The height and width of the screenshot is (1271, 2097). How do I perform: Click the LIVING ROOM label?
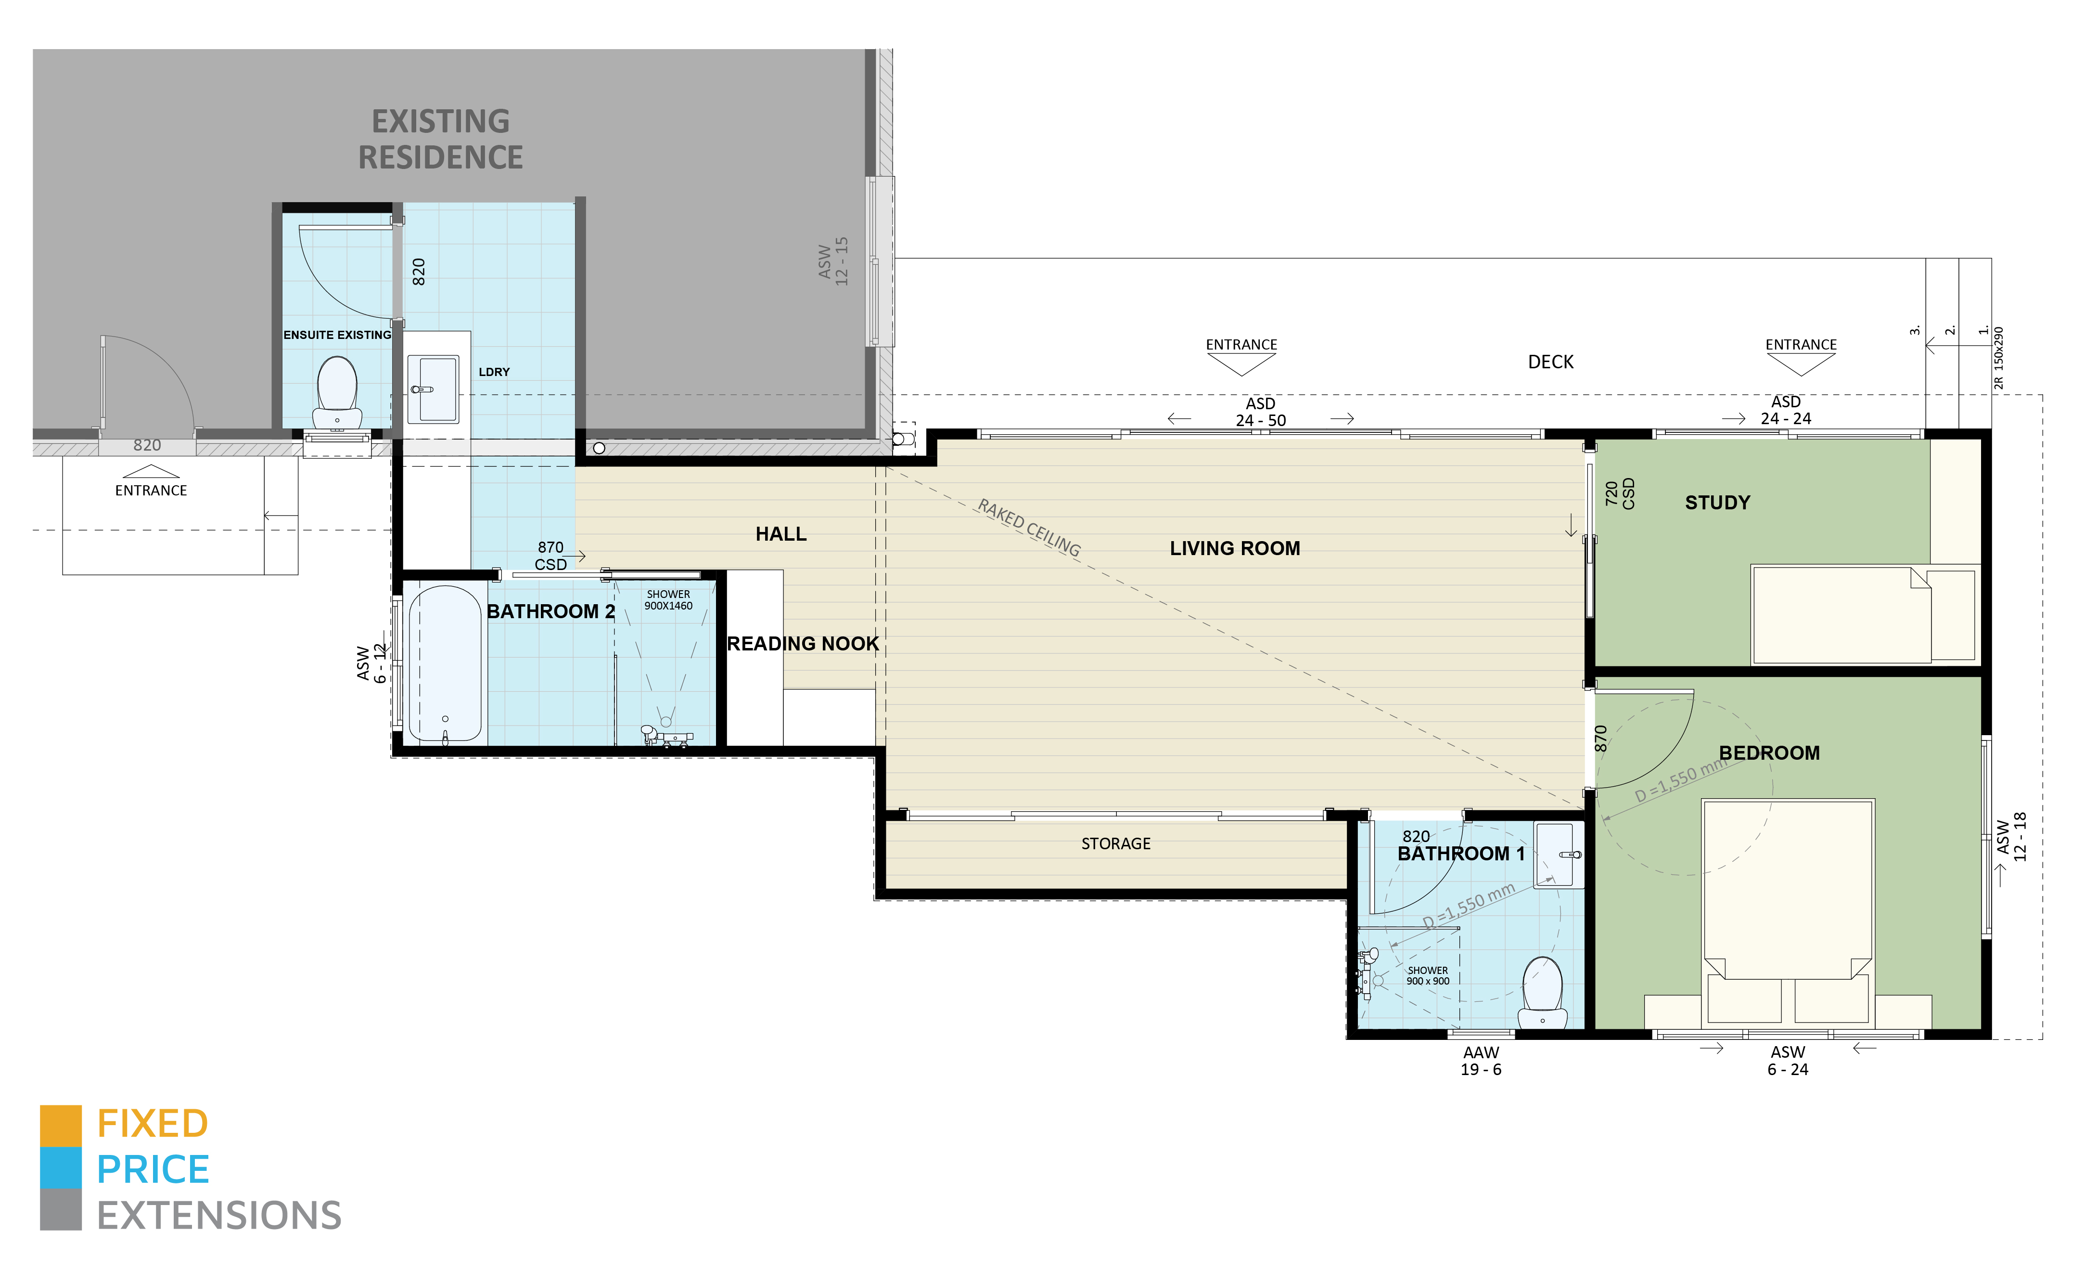click(1234, 548)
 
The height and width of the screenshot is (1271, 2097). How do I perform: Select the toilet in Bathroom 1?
click(1542, 992)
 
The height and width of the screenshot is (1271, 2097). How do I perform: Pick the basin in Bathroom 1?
click(1557, 855)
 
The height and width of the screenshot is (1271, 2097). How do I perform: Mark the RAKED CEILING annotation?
click(1028, 528)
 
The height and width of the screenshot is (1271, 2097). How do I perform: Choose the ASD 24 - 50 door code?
click(1260, 412)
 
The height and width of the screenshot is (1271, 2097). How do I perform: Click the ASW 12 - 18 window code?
click(2012, 837)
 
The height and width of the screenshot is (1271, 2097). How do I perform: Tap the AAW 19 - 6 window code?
click(1481, 1061)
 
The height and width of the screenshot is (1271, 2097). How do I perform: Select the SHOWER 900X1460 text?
click(668, 600)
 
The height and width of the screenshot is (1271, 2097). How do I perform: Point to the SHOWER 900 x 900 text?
click(1427, 975)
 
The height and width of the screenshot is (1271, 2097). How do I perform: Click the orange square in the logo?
click(61, 1126)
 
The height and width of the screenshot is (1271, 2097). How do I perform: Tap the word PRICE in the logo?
click(153, 1170)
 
